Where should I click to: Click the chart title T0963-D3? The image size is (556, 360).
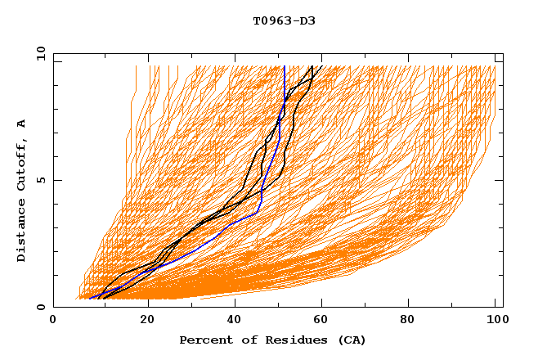click(284, 20)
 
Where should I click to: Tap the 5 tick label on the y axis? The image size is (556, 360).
click(41, 180)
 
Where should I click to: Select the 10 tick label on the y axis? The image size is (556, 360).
click(38, 53)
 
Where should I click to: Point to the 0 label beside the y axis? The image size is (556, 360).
click(41, 307)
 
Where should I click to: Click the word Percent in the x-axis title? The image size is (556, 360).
click(204, 340)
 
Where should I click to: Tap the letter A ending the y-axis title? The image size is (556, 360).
click(22, 123)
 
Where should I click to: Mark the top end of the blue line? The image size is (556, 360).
click(284, 65)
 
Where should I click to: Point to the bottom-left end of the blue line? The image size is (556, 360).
click(90, 298)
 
